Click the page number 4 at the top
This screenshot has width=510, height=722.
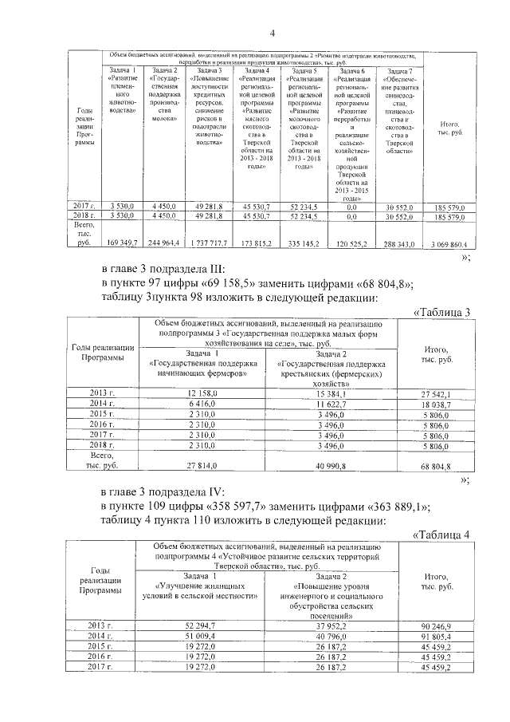click(x=273, y=34)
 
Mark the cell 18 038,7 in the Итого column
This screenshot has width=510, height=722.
click(x=435, y=404)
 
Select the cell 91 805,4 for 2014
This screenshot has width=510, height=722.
click(x=435, y=637)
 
